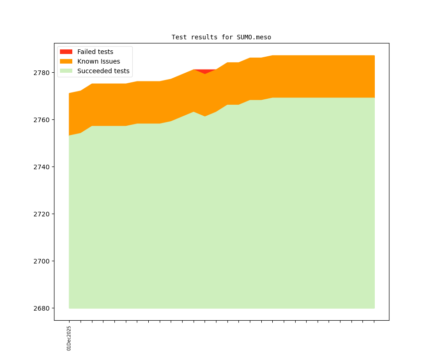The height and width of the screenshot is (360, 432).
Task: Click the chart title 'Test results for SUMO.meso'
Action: point(221,37)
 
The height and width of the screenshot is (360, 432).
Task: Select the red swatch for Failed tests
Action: point(66,52)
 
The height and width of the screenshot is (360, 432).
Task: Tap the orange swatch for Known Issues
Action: point(66,61)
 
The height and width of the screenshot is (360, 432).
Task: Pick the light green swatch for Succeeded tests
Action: point(66,71)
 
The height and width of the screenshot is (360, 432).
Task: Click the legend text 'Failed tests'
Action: point(95,52)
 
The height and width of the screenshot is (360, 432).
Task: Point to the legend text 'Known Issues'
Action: point(98,61)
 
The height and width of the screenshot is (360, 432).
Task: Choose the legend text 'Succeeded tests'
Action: point(103,71)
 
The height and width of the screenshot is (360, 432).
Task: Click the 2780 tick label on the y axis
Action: point(42,72)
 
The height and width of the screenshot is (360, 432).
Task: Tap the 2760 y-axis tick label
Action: point(42,120)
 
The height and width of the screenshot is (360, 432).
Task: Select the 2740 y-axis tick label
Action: point(42,167)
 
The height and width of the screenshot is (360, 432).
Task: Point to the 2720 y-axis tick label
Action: point(42,214)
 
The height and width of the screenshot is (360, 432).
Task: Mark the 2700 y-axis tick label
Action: point(42,261)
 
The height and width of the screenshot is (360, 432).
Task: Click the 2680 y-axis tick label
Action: point(42,308)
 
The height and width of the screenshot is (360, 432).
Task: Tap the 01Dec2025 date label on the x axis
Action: point(69,338)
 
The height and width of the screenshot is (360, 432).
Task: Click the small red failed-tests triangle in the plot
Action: point(205,71)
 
